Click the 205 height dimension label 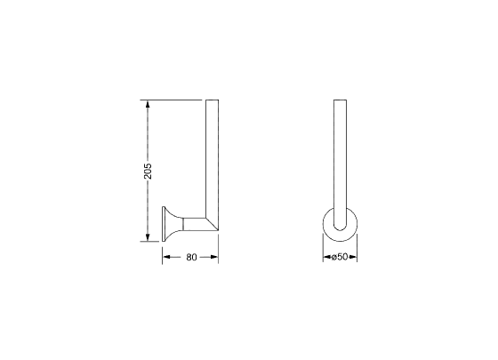(148, 171)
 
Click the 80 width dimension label (191, 257)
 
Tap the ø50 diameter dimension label (340, 257)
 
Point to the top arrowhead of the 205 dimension (148, 104)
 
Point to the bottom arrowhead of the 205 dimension (148, 237)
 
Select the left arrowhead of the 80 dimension (166, 257)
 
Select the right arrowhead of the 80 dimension (214, 257)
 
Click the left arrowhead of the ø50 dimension (327, 257)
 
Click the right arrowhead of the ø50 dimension (353, 257)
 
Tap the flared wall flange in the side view (172, 224)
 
